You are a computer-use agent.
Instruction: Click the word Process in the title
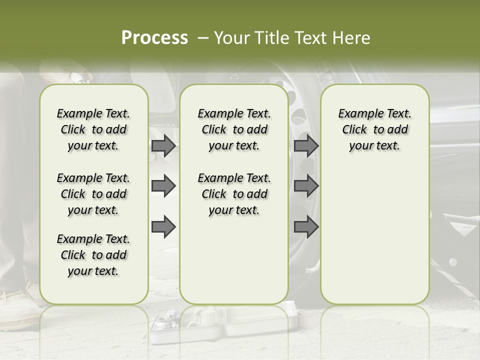[154, 37]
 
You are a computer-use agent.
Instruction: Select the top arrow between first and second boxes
[163, 146]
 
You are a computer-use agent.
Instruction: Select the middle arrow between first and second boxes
[163, 186]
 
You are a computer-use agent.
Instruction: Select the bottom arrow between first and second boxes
[163, 227]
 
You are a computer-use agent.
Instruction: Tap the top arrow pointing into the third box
[306, 146]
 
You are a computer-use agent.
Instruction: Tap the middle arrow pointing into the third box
[306, 186]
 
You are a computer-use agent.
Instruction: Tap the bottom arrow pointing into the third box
[306, 227]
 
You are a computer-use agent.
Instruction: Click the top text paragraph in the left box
[93, 129]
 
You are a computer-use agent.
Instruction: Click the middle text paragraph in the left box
[93, 194]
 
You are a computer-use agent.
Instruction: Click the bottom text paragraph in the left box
[93, 255]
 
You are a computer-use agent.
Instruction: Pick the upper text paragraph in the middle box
[234, 129]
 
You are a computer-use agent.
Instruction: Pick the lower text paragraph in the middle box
[234, 194]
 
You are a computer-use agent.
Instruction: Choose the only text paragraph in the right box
[374, 129]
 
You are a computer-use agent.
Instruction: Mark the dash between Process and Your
[202, 38]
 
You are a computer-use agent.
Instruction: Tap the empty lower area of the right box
[374, 235]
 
